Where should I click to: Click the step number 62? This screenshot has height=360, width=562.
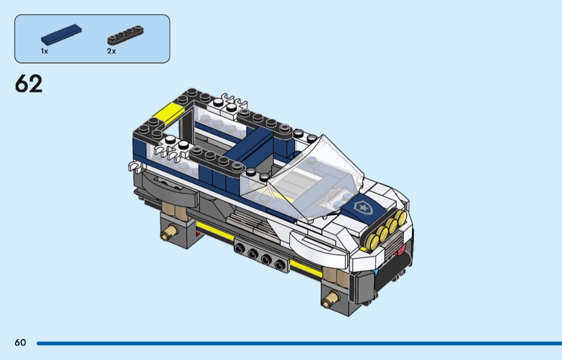tap(29, 84)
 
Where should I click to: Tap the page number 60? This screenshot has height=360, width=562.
tap(20, 342)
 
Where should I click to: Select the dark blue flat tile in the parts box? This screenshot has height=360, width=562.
tap(62, 34)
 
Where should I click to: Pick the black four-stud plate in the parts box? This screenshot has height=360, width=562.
tap(125, 35)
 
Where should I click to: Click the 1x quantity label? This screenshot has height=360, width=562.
tap(44, 51)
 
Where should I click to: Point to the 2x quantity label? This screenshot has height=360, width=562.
tap(111, 51)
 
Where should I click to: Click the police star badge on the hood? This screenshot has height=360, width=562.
tap(363, 207)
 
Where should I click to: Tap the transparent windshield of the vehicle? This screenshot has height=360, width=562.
tap(315, 179)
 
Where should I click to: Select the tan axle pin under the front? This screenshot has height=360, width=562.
tap(330, 298)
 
